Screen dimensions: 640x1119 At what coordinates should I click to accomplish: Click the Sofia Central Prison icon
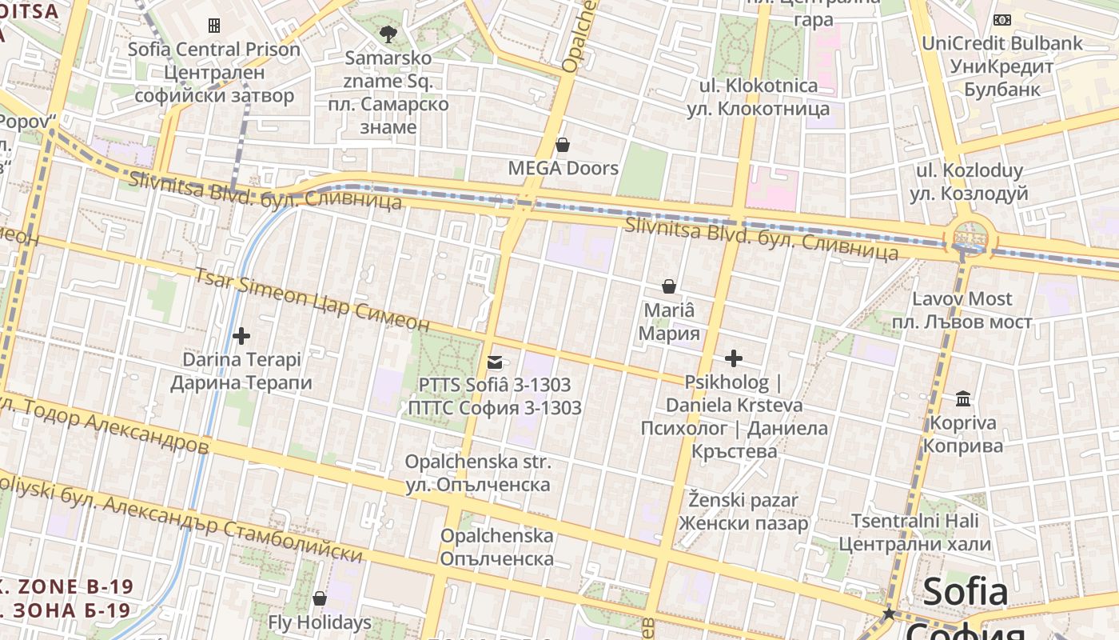coord(214,26)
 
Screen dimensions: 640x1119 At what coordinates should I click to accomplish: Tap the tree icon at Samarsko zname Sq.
coord(388,34)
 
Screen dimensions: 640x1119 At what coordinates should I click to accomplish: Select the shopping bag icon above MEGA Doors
coord(563,145)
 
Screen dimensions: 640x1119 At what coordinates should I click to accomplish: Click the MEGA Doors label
coord(563,168)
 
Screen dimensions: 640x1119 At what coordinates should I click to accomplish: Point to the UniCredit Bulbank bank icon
coord(1002,20)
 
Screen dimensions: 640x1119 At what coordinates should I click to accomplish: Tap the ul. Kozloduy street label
coord(969,182)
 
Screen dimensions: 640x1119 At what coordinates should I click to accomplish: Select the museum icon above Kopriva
coord(963,398)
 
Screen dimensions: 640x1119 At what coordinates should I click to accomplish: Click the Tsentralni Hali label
coord(914,533)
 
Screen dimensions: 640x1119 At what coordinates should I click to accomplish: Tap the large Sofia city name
coord(966,592)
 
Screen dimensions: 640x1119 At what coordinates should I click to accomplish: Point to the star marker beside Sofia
coord(888,614)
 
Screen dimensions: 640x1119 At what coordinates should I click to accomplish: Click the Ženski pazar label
coord(743,512)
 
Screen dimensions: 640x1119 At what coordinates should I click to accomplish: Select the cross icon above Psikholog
coord(733,358)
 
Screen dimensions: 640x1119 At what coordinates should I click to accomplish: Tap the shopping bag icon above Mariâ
coord(669,286)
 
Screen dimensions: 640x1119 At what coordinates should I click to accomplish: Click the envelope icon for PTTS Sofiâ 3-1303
coord(495,362)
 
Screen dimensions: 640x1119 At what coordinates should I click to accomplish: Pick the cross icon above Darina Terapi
coord(241,336)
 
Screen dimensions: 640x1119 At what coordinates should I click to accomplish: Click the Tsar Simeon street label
coord(312,299)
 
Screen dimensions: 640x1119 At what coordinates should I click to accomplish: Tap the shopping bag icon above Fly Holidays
coord(320,598)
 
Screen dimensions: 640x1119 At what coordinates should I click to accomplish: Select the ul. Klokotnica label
coord(759,97)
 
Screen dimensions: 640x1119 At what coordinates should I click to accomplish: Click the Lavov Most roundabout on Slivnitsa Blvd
coord(970,239)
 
